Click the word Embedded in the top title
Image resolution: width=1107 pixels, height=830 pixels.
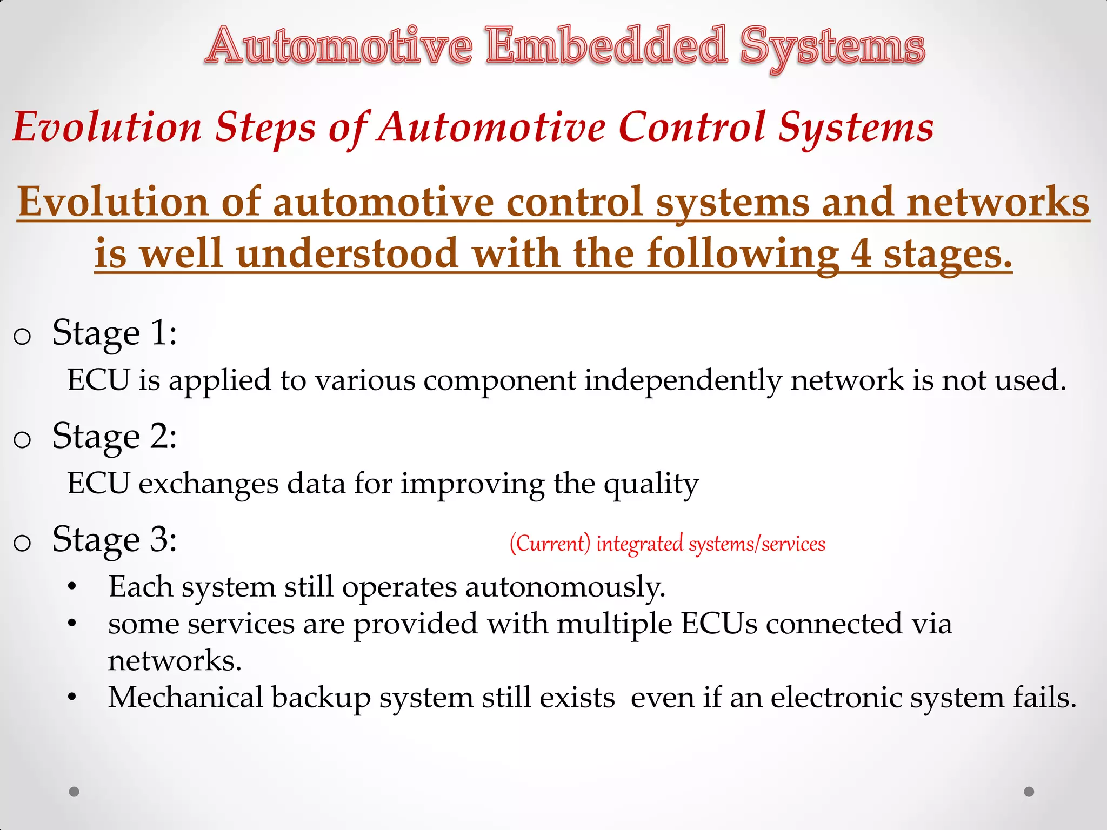[606, 46]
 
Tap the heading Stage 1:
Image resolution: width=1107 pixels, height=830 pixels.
[114, 333]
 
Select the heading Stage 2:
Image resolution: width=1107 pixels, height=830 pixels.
[114, 436]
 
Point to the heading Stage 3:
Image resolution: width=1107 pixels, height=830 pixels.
[114, 539]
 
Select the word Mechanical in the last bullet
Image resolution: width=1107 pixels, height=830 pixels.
[185, 697]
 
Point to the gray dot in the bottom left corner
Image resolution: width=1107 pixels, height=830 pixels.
[74, 792]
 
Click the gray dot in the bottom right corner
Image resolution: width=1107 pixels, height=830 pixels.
[1029, 792]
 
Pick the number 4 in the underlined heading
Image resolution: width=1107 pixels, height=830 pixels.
[861, 254]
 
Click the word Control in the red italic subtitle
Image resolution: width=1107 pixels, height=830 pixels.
[691, 128]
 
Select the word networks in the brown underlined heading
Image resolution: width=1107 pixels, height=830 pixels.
[998, 202]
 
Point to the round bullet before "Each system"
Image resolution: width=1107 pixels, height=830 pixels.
[72, 587]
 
